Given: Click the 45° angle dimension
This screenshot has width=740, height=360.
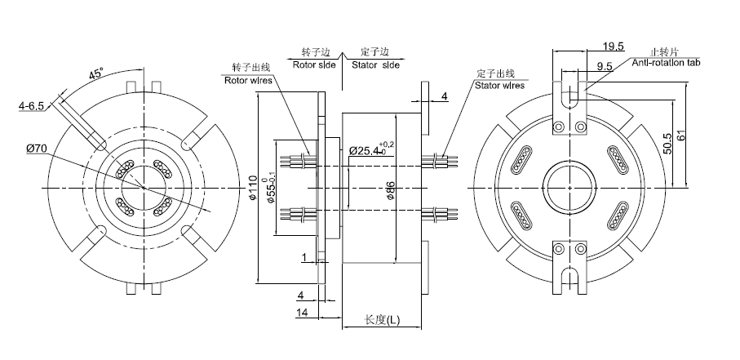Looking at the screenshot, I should [x=97, y=74].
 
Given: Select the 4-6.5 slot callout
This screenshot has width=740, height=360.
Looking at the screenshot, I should [x=33, y=105].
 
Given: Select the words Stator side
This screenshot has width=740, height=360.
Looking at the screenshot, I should [x=375, y=64].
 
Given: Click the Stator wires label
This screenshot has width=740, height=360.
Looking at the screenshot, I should [x=500, y=83].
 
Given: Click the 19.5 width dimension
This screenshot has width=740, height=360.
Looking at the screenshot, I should [x=614, y=45].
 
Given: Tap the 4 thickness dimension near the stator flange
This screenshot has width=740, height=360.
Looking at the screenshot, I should [x=444, y=96].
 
